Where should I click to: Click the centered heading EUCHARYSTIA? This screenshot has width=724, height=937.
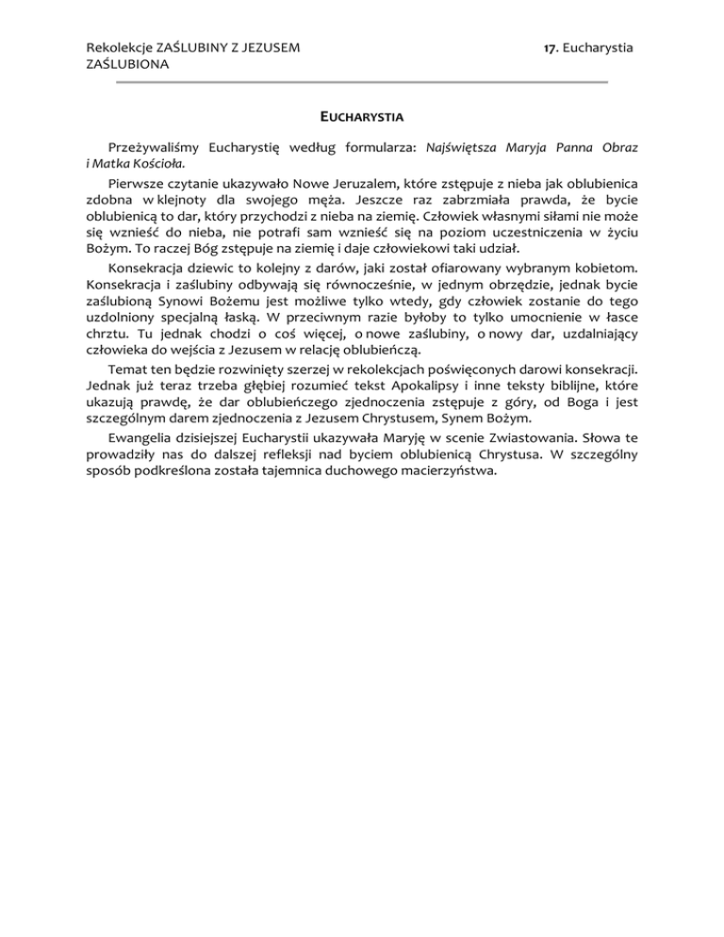[361, 118]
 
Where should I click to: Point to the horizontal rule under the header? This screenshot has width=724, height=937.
[361, 83]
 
